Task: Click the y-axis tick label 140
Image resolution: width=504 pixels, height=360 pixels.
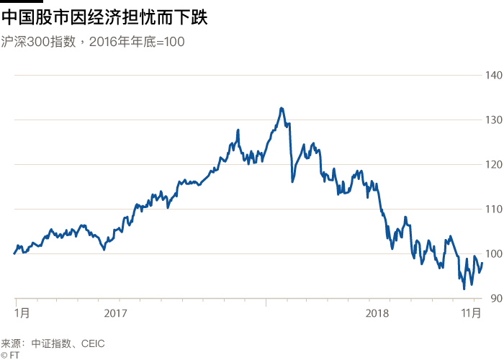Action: pyautogui.click(x=493, y=75)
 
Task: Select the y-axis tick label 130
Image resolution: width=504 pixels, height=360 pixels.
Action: pyautogui.click(x=493, y=120)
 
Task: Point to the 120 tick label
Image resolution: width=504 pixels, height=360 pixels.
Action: pyautogui.click(x=493, y=164)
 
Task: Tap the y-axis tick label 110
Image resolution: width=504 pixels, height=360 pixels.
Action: pyautogui.click(x=493, y=209)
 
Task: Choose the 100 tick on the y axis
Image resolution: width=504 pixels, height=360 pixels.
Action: pyautogui.click(x=493, y=253)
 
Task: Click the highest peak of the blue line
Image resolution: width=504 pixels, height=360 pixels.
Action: pyautogui.click(x=282, y=108)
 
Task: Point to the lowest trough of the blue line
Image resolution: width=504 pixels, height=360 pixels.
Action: pyautogui.click(x=464, y=288)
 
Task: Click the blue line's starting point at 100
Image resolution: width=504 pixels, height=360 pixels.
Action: pyautogui.click(x=14, y=253)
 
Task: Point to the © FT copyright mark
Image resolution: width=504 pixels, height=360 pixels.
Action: pyautogui.click(x=10, y=355)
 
